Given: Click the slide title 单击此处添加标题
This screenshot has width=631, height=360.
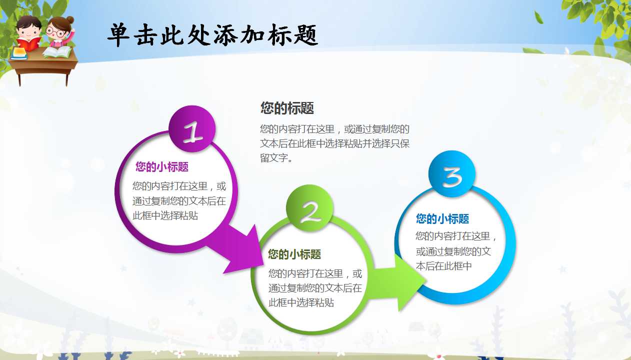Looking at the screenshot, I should [x=212, y=35].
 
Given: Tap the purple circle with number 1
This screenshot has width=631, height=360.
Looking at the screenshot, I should [x=192, y=129].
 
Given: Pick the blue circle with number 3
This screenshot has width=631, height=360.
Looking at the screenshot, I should [x=452, y=174].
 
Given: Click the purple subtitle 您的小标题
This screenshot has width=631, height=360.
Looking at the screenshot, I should [x=162, y=167].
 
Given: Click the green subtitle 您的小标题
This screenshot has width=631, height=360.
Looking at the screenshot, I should [x=294, y=254].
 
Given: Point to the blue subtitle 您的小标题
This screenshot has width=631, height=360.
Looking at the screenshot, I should [x=442, y=218].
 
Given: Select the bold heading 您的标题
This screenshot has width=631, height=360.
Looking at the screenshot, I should [x=287, y=108].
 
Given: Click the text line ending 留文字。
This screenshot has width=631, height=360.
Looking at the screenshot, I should [x=277, y=158].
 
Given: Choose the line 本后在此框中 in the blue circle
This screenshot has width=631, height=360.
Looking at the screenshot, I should [x=444, y=266].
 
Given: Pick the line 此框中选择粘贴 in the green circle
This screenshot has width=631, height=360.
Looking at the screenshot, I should [x=301, y=302].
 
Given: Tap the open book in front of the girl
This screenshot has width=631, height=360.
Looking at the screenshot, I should [x=58, y=51].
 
